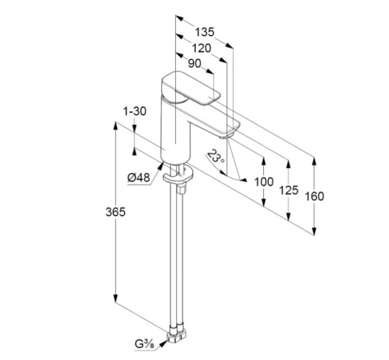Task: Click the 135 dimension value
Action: tap(204, 32)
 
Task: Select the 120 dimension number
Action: tap(201, 49)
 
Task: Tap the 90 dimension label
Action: tap(194, 63)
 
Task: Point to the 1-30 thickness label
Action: tap(134, 111)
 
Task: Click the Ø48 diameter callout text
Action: tap(139, 178)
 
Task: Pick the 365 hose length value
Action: tap(116, 212)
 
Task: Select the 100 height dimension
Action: tap(264, 182)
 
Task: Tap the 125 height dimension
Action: tap(288, 190)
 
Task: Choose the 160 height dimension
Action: tap(314, 196)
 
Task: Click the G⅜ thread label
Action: tap(144, 344)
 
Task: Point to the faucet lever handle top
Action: tap(191, 87)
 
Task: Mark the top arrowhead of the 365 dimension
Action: tap(115, 126)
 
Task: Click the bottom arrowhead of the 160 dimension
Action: tap(314, 231)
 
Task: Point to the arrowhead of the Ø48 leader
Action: tap(160, 166)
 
